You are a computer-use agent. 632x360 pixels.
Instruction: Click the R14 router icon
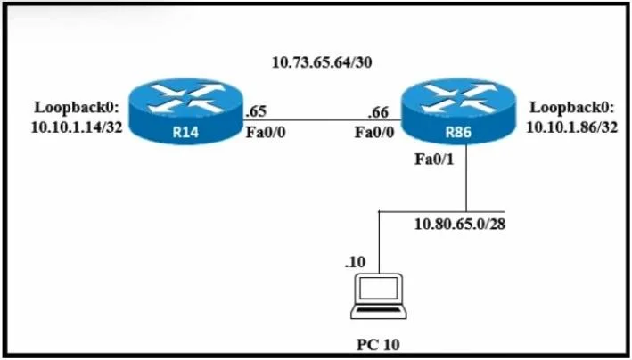pos(186,111)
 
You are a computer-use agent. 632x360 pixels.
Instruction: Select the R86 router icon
pos(458,111)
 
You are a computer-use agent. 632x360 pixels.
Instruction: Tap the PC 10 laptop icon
pos(379,297)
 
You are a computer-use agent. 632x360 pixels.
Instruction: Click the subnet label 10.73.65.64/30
pos(322,62)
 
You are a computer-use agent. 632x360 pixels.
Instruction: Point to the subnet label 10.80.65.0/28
pos(460,224)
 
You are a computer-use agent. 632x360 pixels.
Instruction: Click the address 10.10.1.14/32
pos(77,127)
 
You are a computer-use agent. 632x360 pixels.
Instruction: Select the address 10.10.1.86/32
pos(572,127)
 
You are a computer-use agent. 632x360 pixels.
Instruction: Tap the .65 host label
pos(256,111)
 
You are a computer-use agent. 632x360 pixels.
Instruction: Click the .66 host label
pos(378,112)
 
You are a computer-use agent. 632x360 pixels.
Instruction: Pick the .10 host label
pos(355,262)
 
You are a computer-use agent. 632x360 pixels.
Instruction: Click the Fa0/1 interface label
pos(434,160)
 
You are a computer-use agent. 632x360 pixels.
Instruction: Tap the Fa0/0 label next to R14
pos(266,132)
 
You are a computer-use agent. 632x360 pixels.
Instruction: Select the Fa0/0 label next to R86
pos(374,132)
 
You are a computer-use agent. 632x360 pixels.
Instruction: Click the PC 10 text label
pos(378,345)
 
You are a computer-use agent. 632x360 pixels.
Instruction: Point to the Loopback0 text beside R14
pos(77,108)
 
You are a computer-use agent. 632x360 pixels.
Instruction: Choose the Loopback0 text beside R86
pos(572,108)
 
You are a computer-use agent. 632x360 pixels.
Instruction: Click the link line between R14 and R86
pos(323,119)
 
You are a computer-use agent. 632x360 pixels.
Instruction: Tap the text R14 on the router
pos(185,132)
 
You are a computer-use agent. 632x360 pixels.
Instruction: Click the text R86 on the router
pos(458,132)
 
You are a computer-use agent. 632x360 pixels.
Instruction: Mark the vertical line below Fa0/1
pos(466,177)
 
